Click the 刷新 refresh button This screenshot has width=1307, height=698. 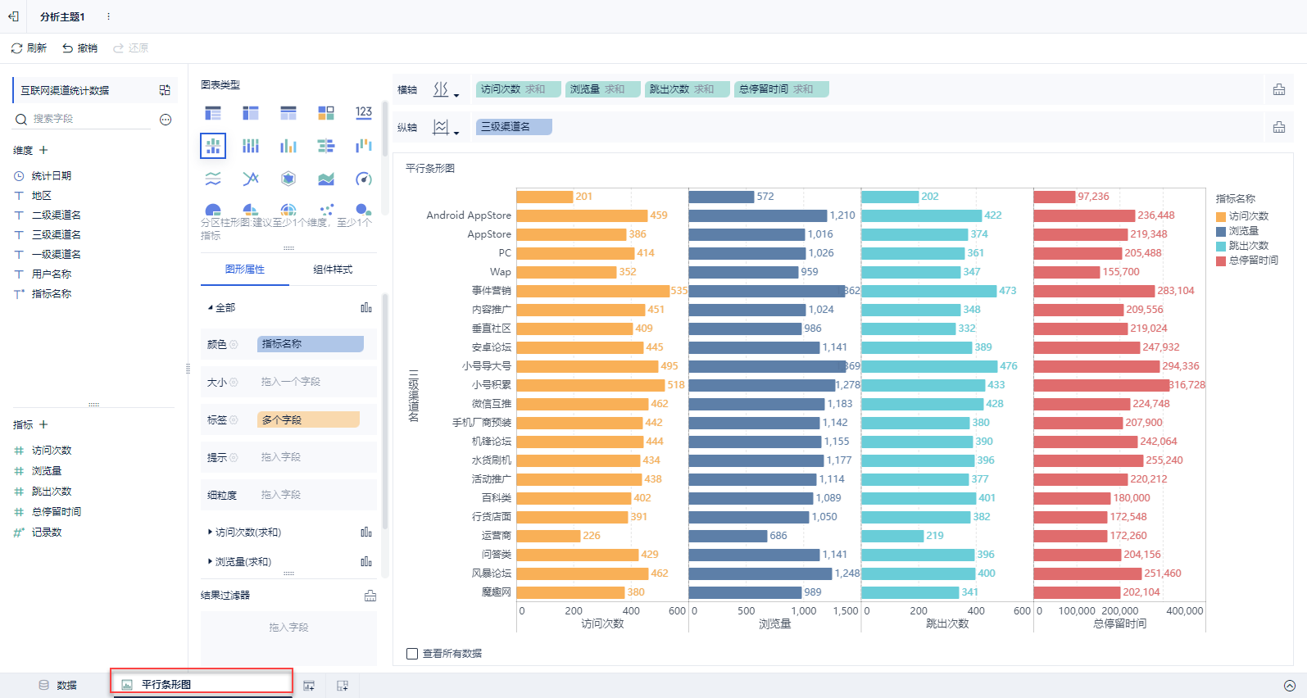29,48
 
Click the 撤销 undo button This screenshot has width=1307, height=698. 79,48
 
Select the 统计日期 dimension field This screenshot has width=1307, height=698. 51,176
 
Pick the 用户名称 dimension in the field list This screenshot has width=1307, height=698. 51,274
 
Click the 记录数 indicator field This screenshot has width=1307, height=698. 46,533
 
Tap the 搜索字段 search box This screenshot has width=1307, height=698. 90,119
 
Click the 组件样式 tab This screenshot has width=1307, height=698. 333,270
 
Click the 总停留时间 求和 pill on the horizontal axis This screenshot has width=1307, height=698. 781,89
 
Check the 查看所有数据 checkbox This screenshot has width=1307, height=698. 412,654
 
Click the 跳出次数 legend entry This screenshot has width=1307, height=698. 1248,246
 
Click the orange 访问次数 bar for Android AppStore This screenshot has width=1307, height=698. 582,215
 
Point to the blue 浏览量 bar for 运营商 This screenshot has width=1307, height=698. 728,536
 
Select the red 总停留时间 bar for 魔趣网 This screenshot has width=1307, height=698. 1076,592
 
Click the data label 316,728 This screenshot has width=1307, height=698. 1187,385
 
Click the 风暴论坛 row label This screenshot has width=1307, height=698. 492,573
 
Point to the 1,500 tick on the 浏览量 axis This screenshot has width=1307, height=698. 845,611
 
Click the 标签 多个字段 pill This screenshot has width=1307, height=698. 308,419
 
